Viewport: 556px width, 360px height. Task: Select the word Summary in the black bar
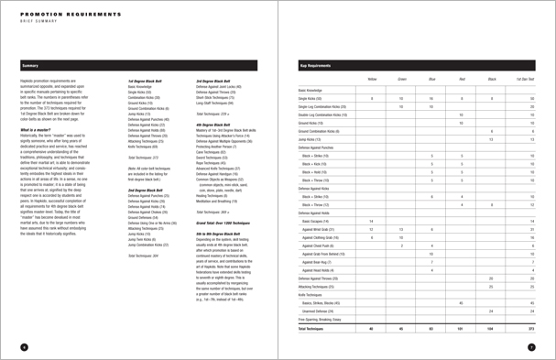tap(30, 66)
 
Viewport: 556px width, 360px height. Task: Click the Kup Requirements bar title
tap(316, 66)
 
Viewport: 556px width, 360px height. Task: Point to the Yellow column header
tap(371, 81)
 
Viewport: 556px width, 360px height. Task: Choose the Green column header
tap(401, 81)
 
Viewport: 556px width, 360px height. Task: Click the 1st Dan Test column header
tap(526, 81)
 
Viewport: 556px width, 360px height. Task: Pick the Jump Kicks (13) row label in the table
tap(314, 139)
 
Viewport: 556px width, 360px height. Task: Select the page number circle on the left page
tap(24, 346)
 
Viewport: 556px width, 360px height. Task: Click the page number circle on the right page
tap(531, 346)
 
